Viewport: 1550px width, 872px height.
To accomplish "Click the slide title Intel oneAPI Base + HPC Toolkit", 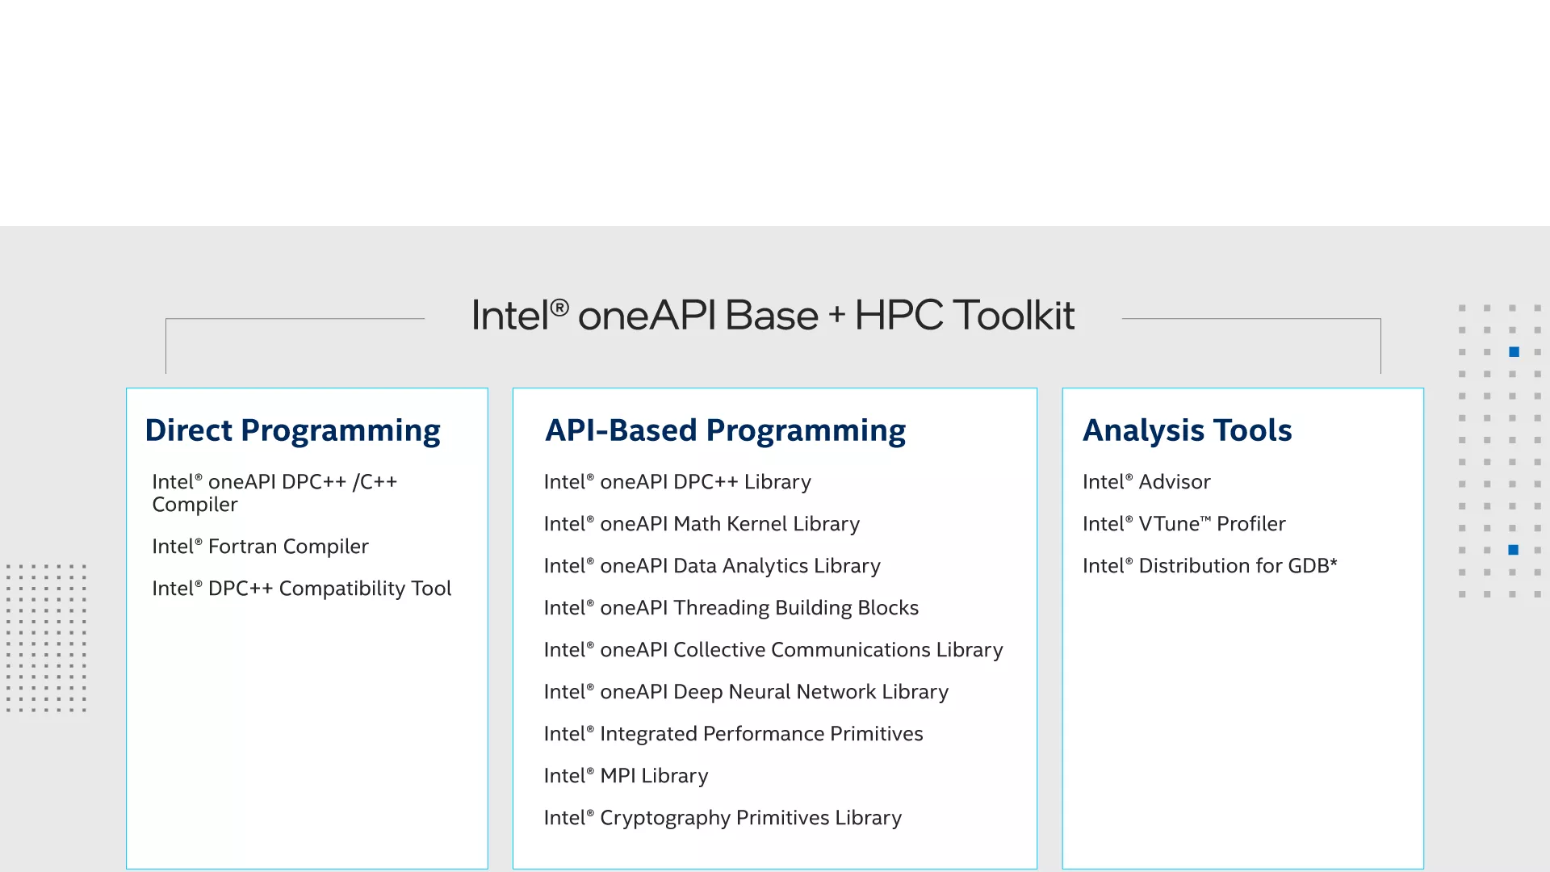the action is [x=773, y=315].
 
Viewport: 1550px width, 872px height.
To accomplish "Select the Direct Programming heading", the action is [x=292, y=431].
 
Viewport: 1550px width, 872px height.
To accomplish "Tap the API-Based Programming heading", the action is [x=725, y=431].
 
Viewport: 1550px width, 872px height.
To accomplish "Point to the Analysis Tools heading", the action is [x=1187, y=431].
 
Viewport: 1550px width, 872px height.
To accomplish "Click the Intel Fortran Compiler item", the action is [x=260, y=547].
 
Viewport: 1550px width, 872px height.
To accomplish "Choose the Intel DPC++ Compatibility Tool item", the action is [x=301, y=589].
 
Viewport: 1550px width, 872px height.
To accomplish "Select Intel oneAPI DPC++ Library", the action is [x=677, y=482].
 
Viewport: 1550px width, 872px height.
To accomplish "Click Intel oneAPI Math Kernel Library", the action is [x=702, y=524].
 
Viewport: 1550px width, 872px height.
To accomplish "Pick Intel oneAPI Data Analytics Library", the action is [x=712, y=566].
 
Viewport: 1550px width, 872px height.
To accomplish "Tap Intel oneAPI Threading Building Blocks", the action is [x=731, y=608].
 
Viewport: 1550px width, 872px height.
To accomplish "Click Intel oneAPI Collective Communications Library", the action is [x=773, y=650].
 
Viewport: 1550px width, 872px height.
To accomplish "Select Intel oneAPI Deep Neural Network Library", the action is [x=746, y=692].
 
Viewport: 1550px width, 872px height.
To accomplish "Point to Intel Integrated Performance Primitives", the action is [x=733, y=734].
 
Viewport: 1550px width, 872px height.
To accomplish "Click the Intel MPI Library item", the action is [x=626, y=776].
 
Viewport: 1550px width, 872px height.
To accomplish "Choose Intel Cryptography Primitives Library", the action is [x=723, y=818].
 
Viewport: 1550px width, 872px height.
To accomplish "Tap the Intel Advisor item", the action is [x=1146, y=482].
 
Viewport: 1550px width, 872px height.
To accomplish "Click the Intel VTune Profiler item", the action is [x=1184, y=524].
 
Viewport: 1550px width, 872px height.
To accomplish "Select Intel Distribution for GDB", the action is [x=1210, y=566].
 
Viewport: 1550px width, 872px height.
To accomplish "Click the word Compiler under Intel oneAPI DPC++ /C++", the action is [x=195, y=505].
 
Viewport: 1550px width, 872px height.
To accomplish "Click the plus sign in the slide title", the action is [x=837, y=315].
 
